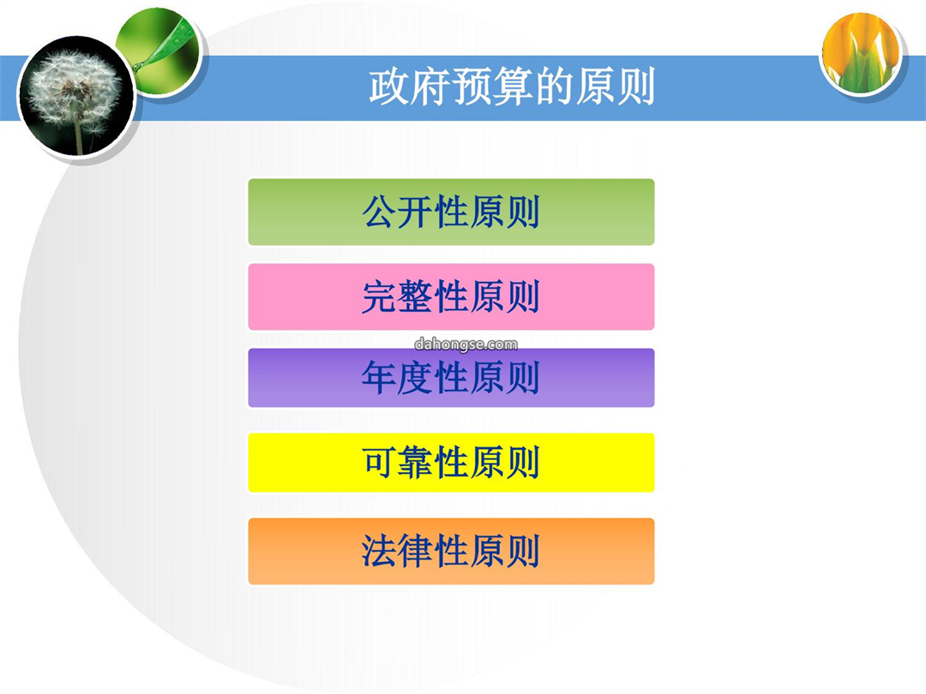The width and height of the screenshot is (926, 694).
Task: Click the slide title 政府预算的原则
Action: coord(512,87)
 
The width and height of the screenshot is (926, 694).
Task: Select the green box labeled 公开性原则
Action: coord(451,212)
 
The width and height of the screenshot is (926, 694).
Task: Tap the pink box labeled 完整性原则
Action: coord(451,296)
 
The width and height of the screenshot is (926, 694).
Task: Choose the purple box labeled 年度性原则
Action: coord(451,378)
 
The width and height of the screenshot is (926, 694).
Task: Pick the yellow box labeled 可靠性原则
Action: coord(451,463)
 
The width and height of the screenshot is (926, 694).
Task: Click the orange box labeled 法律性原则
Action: coord(451,551)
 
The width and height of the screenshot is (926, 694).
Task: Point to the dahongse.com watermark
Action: coord(466,344)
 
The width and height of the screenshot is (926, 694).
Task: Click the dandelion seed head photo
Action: coord(76,96)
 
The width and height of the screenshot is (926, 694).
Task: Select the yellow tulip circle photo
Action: coord(861,53)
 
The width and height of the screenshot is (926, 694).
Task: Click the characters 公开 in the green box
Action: coord(398,212)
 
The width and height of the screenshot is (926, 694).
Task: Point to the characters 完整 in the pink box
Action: coord(398,296)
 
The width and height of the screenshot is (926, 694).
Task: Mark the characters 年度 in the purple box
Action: coord(398,378)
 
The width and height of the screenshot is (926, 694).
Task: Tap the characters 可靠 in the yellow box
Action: coord(398,463)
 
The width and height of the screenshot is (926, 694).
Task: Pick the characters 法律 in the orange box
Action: coord(398,551)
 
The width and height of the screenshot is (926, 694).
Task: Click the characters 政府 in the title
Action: coord(410,87)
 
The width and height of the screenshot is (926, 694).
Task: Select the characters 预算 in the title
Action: coord(492,87)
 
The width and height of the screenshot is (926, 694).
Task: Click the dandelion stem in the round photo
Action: coord(79,135)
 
